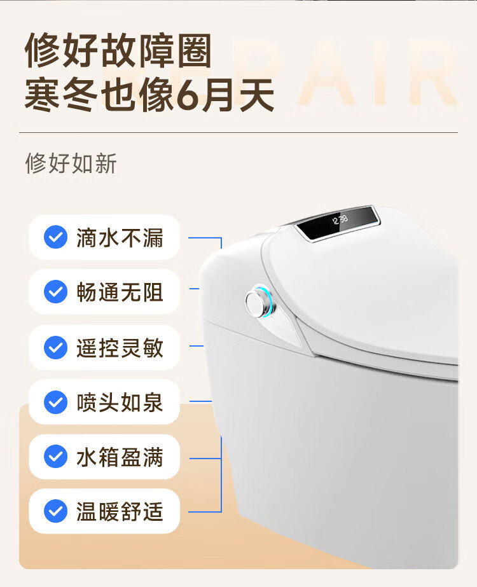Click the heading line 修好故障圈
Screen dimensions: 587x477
click(118, 51)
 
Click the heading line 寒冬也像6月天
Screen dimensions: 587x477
click(149, 97)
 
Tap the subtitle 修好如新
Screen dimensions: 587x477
click(71, 163)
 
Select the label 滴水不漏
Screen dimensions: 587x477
click(120, 238)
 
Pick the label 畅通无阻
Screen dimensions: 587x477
click(120, 293)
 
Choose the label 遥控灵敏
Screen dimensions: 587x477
click(120, 348)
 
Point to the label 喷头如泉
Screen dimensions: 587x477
click(120, 403)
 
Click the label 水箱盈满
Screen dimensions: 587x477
click(120, 457)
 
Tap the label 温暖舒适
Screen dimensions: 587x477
click(120, 512)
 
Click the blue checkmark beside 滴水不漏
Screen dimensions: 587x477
click(55, 238)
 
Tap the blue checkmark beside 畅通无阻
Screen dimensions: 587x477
click(55, 293)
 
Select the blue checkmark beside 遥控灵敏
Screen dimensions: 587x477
click(55, 348)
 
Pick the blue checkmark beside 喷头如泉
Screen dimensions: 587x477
click(55, 403)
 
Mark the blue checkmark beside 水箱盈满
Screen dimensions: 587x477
click(55, 457)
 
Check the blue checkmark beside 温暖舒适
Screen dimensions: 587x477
click(55, 512)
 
